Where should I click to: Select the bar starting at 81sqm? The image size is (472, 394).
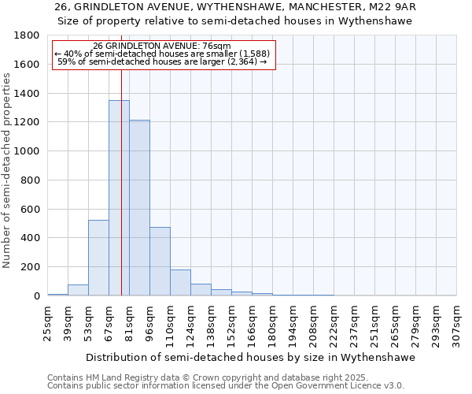pos(139,208)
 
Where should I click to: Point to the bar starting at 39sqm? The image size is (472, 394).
pos(78,290)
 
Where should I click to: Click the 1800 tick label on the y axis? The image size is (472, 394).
pos(27,35)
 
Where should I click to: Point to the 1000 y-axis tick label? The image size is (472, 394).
pos(27,151)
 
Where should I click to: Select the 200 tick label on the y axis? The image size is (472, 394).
pos(30,267)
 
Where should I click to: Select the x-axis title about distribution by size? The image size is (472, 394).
pos(250,357)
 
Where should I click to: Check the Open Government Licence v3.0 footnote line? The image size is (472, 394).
pos(226,386)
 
